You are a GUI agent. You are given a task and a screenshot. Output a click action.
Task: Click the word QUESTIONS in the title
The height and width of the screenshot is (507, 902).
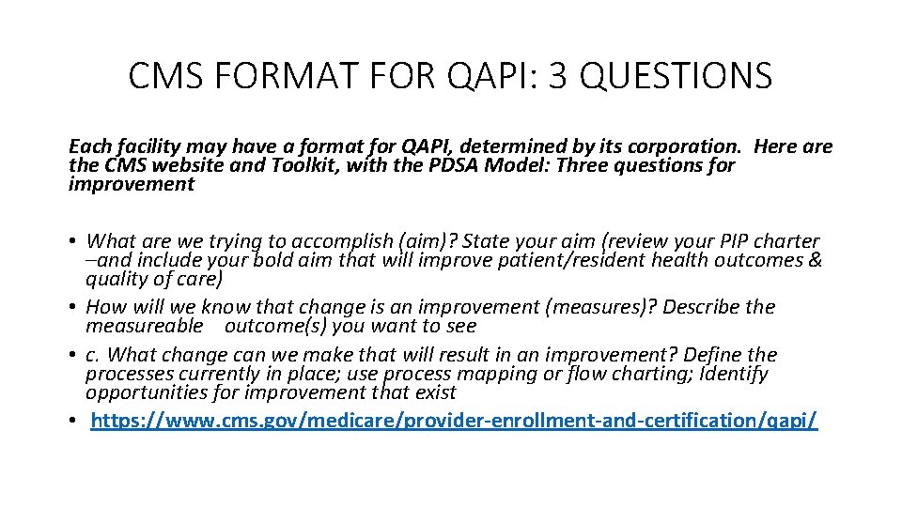coord(676,75)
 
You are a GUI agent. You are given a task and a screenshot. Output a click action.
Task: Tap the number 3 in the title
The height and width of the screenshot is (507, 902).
coord(559,75)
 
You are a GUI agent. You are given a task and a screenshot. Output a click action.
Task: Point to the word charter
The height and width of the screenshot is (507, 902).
coord(786,241)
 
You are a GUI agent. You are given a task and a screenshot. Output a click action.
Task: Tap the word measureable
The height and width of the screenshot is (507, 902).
coord(144,326)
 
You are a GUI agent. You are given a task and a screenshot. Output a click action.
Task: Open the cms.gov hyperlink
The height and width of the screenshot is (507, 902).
coord(454,420)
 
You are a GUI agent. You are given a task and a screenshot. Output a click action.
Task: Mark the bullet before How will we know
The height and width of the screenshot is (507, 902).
coord(73,308)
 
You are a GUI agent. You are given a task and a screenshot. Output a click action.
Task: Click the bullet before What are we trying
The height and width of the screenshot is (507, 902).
coord(73,242)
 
